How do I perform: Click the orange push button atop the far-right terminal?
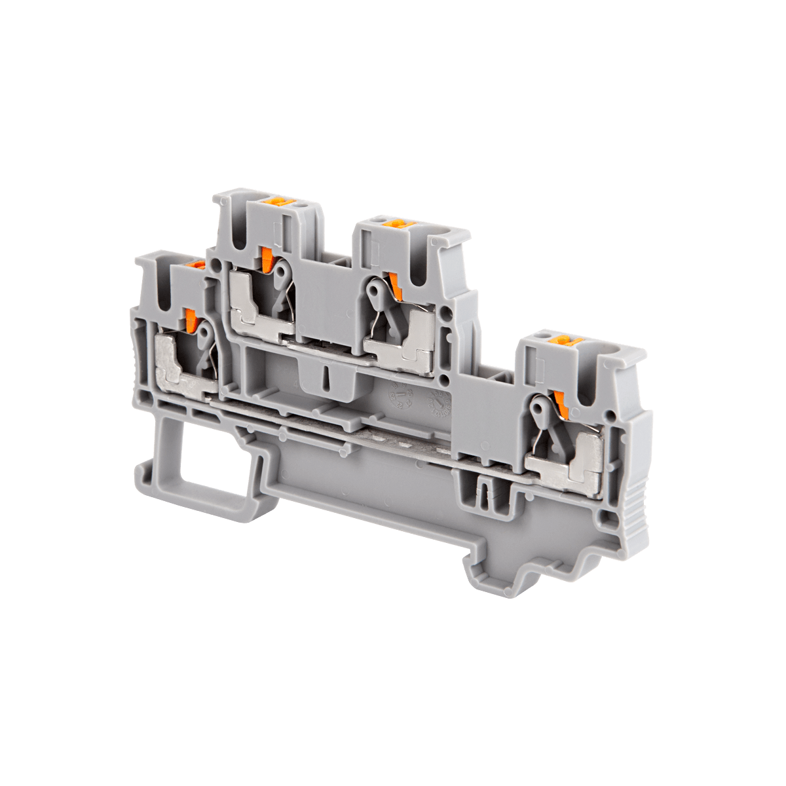pos(564,341)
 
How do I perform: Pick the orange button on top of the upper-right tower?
pos(393,225)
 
